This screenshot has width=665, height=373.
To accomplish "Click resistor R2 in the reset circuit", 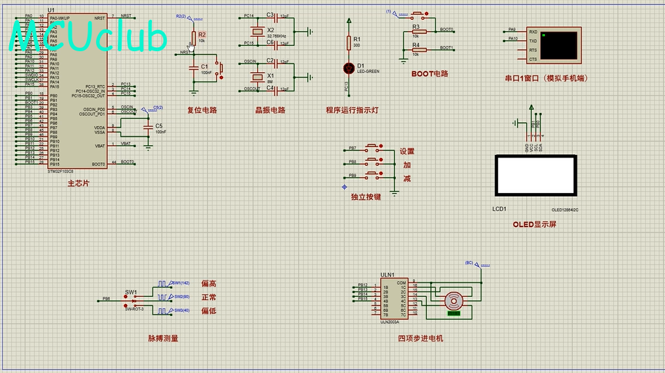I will click(x=193, y=37).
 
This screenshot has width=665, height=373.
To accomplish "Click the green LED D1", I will click(x=349, y=68).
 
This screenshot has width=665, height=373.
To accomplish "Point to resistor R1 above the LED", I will click(x=349, y=43).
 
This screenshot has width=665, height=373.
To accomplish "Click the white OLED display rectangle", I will click(x=536, y=175).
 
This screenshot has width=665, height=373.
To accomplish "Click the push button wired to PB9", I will click(x=373, y=175).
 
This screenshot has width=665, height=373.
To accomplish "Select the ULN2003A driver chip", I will click(x=393, y=299).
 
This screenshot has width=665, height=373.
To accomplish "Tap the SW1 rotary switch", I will click(x=132, y=300).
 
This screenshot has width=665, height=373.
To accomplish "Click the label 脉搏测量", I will click(x=162, y=339).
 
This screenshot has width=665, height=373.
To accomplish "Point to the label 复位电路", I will click(x=202, y=110).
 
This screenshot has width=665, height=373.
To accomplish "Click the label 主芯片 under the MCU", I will click(x=78, y=184).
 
